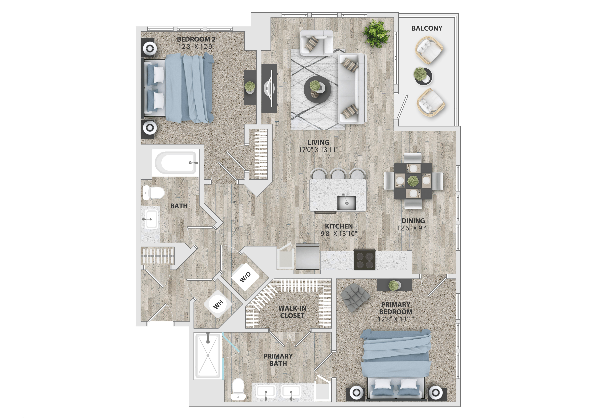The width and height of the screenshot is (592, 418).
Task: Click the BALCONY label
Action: click(427, 28)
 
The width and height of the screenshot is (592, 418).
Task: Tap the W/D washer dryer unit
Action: click(245, 277)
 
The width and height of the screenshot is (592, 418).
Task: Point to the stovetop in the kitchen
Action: click(365, 259)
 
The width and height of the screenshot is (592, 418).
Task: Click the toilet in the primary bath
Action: click(238, 389)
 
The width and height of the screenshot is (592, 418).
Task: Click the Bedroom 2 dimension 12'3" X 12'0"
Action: click(196, 47)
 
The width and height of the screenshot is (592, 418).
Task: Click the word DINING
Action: click(413, 221)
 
